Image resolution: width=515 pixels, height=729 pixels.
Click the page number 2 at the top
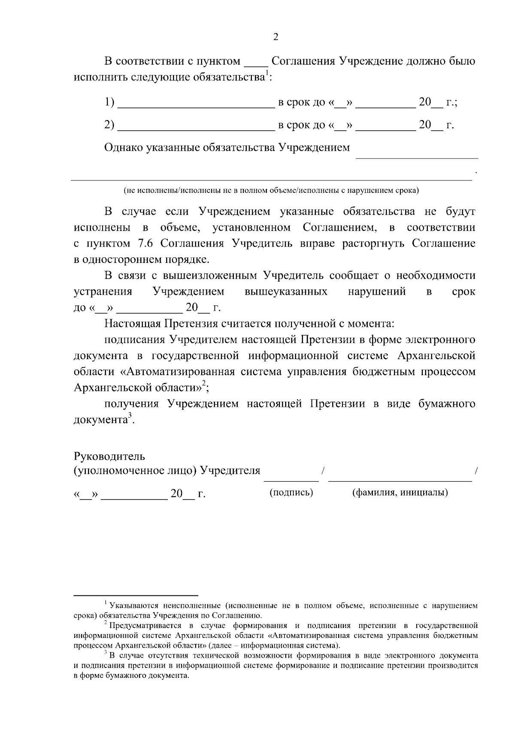tap(276, 37)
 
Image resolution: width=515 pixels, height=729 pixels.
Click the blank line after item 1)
tap(196, 107)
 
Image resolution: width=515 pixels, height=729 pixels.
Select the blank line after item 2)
tap(196, 129)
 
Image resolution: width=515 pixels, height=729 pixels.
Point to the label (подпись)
tap(291, 492)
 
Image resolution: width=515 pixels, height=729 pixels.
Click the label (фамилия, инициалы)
tap(400, 492)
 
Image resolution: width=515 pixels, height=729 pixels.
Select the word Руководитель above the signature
tap(109, 455)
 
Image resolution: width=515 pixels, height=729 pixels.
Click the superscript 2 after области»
tap(204, 383)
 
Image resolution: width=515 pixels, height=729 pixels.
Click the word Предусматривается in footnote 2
tap(144, 625)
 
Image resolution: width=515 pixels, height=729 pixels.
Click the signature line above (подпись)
tap(291, 480)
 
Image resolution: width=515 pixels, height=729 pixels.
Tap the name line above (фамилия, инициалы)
tap(400, 480)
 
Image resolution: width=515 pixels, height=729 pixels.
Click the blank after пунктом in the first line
tap(256, 65)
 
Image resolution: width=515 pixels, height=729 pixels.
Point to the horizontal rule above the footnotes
tap(136, 596)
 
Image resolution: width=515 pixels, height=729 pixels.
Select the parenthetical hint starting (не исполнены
tap(271, 190)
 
